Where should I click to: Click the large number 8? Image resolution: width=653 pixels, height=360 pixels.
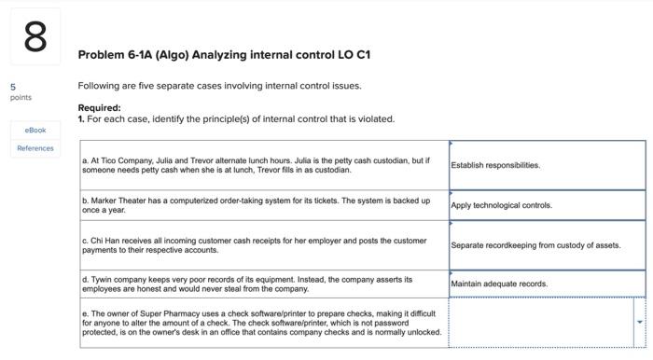[35, 38]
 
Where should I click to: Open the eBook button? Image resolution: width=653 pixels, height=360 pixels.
[35, 130]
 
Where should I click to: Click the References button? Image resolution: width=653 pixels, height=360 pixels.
[35, 148]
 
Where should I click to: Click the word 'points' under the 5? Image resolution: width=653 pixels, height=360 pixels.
[21, 97]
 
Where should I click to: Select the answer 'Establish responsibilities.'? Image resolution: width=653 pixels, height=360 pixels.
[495, 165]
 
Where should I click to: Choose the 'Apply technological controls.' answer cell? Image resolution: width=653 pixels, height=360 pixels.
[501, 205]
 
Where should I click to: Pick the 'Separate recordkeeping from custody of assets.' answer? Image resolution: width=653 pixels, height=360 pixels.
[535, 245]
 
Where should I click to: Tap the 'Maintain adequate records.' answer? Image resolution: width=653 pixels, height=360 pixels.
[499, 284]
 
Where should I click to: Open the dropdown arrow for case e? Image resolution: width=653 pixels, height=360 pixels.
[639, 322]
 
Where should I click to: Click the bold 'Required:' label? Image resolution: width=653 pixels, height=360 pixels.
[99, 107]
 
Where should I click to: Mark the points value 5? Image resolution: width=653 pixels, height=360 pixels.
[12, 87]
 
